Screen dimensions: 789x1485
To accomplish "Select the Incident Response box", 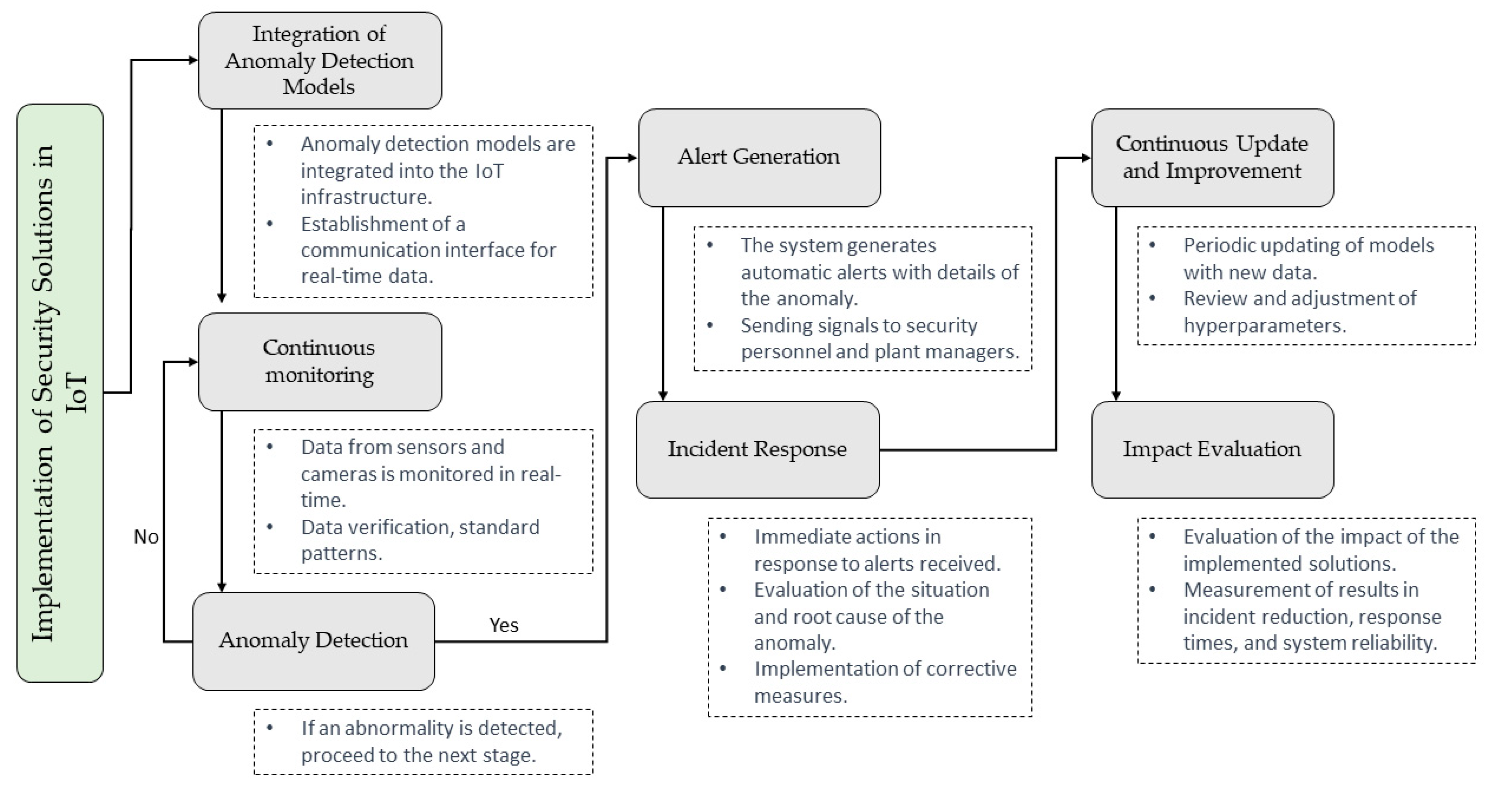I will (758, 449).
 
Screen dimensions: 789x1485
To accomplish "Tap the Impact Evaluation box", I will (1212, 449).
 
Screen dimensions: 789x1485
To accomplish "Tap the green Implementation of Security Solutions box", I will (60, 393).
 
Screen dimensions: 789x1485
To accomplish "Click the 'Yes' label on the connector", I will (503, 625).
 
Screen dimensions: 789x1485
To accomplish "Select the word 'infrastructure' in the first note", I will (366, 197).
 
